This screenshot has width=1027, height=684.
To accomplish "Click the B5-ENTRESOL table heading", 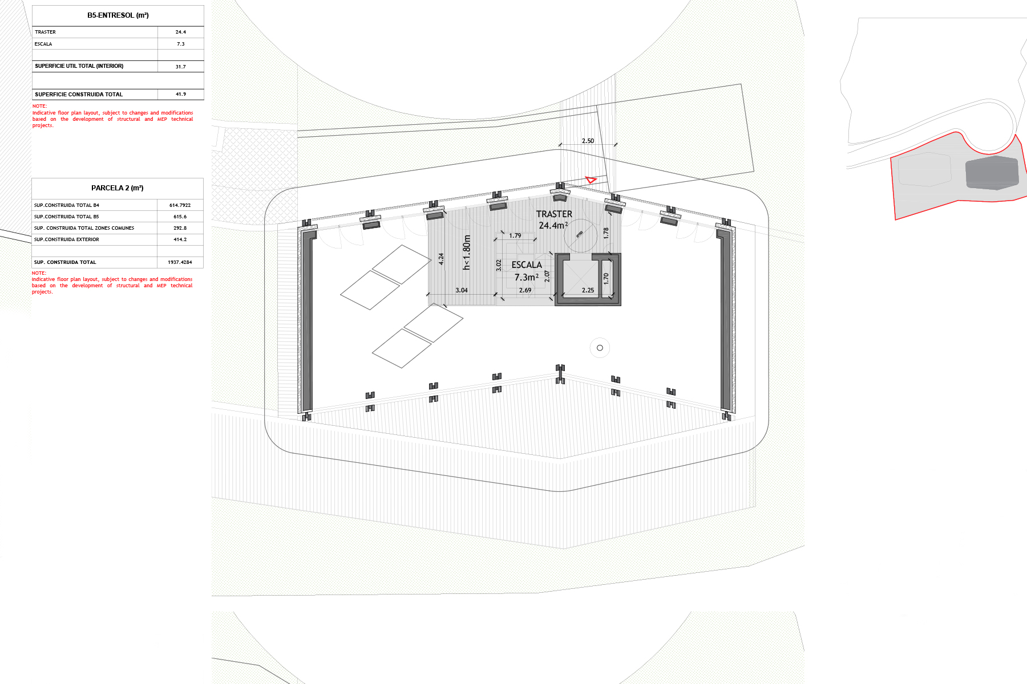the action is pos(118,15).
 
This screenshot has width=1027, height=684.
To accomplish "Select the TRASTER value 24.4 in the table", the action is pos(180,32).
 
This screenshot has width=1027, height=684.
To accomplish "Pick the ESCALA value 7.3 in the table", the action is pos(180,44).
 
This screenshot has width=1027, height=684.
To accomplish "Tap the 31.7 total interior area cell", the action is pos(180,67).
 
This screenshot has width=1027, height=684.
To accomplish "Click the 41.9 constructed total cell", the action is pos(180,94).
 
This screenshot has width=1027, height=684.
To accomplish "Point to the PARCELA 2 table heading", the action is pos(118,188).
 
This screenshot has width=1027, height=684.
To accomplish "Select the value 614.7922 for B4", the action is pos(180,205).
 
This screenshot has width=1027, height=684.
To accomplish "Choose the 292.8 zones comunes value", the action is pos(180,228).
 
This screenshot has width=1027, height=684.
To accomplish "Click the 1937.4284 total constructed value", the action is pos(180,262).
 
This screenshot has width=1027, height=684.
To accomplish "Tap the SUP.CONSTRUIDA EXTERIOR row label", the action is pos(66,239).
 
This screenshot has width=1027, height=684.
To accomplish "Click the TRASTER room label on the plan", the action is pos(554,214).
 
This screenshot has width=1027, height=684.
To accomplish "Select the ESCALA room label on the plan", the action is pos(527,265).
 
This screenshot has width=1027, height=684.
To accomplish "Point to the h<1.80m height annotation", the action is pos(467,252).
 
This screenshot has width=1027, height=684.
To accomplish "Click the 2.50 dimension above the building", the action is pos(588,141).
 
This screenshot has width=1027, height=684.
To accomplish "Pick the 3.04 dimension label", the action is pos(462,290).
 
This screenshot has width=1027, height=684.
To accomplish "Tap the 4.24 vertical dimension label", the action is pos(441,259).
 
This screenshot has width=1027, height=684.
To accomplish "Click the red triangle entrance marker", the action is pos(591,180).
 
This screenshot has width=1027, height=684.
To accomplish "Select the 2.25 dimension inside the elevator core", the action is pos(588,290).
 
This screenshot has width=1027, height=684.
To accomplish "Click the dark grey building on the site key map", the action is pos(992,172).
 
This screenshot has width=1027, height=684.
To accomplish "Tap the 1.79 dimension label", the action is pos(515,235).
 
